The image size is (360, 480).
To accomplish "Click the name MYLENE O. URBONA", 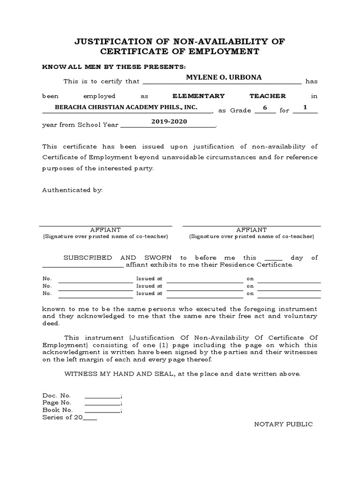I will (217, 77).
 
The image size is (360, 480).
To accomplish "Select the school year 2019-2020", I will (169, 121).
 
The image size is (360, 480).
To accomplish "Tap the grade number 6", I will (265, 107).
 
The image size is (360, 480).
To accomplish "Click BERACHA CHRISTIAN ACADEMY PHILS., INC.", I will (126, 107).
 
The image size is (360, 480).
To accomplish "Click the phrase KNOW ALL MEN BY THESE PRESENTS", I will (114, 67).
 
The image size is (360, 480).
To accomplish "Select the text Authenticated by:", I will (72, 190).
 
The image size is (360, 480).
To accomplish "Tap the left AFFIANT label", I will (105, 230).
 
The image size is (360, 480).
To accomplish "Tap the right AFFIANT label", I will (252, 230).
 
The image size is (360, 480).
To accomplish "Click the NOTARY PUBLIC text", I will (283, 424).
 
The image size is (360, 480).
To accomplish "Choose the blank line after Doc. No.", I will (102, 396).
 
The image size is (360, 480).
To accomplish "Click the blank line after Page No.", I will (102, 403).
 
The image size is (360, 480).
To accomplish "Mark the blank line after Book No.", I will (102, 411).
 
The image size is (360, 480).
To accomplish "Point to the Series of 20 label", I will (62, 417).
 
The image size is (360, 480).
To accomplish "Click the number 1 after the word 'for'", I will (305, 107).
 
